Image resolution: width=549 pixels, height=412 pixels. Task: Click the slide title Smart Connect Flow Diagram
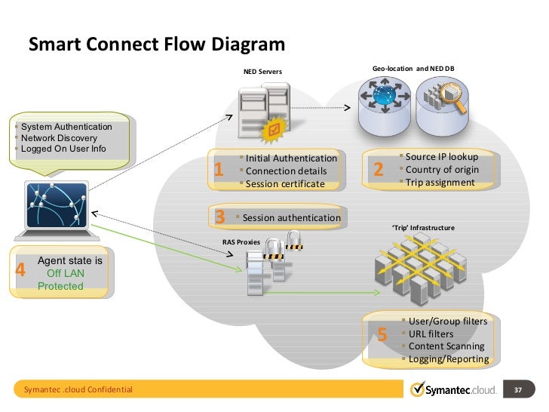(157, 46)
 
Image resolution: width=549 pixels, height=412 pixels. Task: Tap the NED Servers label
(262, 72)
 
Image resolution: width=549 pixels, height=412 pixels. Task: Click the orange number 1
(218, 171)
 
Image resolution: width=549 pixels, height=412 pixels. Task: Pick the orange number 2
(379, 171)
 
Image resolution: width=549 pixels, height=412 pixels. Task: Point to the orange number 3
(220, 217)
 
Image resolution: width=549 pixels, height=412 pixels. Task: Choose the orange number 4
(21, 269)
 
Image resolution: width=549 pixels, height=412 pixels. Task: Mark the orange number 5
(382, 335)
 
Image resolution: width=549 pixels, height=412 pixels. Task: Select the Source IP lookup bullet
(441, 157)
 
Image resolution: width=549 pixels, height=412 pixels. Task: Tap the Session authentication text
(292, 218)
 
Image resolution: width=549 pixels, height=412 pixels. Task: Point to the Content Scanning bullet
(446, 346)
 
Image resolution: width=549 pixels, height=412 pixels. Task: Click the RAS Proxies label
(241, 242)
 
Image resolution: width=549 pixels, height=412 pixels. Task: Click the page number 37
(517, 390)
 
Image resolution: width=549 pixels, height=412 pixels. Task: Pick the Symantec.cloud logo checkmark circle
(419, 390)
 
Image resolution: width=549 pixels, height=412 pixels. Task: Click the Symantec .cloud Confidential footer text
(78, 390)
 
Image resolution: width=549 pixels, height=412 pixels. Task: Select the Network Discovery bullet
(59, 138)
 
